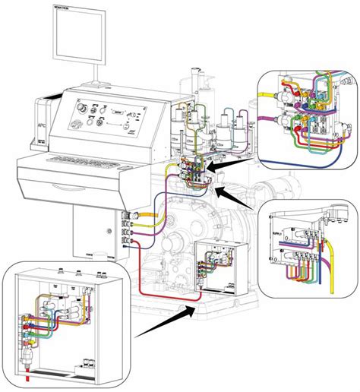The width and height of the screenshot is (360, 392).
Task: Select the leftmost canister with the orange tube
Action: [182, 122]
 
